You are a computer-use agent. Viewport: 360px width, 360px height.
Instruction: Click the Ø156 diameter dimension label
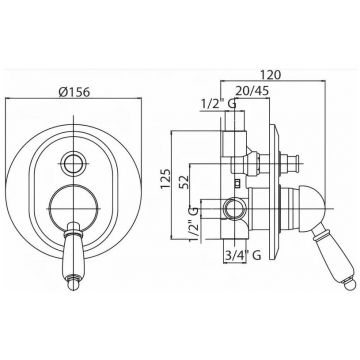tap(74, 91)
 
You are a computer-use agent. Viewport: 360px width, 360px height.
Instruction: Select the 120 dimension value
tap(272, 75)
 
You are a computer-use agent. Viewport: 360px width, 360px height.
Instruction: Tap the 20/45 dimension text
tap(252, 90)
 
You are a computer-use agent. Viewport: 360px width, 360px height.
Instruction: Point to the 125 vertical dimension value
tap(166, 179)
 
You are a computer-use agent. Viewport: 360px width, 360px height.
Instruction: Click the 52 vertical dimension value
tap(184, 182)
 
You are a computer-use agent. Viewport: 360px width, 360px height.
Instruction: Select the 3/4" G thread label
tap(242, 255)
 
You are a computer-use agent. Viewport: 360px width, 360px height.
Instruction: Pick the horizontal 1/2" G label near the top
tap(218, 104)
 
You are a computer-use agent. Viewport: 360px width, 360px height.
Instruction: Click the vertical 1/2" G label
tap(194, 226)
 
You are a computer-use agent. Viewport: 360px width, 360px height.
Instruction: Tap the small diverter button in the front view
tap(74, 163)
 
